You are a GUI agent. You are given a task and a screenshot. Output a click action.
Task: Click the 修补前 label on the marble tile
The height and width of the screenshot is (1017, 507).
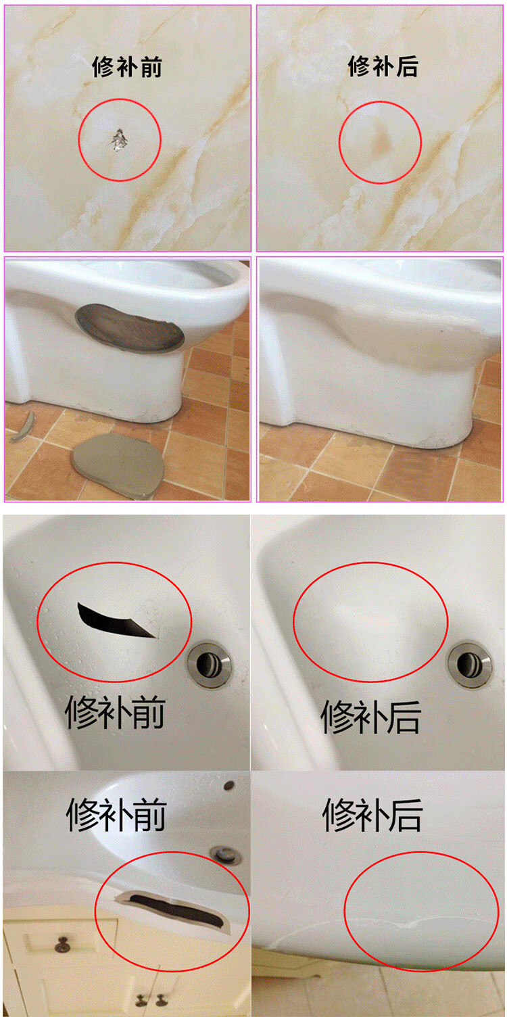pos(127,67)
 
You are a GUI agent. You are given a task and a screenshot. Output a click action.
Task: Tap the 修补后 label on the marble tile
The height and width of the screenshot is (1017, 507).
pos(383,66)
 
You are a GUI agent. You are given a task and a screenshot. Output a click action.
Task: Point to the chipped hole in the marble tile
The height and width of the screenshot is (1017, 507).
pos(119,139)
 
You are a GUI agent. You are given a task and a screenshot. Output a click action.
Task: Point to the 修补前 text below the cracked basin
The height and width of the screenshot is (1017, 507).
pos(115,713)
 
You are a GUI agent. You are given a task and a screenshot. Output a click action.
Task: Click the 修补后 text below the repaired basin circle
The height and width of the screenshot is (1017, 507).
pos(370,717)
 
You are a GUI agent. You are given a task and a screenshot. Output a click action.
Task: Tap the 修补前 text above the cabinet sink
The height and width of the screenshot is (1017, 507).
pos(116,814)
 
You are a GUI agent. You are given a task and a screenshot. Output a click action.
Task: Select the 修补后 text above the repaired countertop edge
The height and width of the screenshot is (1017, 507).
pos(372,815)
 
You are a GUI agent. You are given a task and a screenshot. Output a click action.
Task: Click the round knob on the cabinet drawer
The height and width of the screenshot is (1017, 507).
pos(63,943)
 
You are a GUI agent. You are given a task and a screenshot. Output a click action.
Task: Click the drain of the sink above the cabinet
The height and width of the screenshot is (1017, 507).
pos(225,855)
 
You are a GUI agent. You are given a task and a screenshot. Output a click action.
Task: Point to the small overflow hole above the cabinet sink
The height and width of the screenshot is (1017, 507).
pos(229,786)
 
